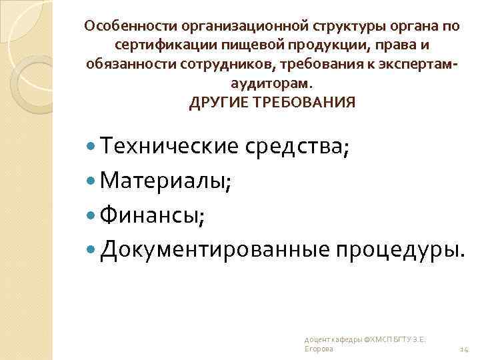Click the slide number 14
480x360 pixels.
tap(465, 349)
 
